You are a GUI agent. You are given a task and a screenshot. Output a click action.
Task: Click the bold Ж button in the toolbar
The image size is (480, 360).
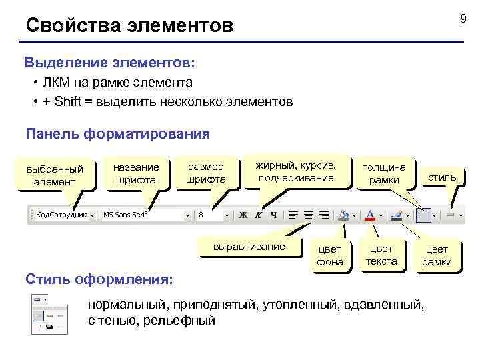tap(243, 215)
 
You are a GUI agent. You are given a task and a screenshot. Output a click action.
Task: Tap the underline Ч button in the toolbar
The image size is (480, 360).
tap(273, 215)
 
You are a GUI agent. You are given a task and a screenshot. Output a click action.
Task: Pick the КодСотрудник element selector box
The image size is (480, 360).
tap(61, 215)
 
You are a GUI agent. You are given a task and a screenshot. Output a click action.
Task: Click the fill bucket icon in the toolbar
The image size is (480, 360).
tap(343, 215)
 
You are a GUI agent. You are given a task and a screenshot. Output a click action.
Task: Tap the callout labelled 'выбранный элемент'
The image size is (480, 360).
tap(55, 175)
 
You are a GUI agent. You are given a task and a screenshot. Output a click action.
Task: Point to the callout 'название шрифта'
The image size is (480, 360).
tap(136, 173)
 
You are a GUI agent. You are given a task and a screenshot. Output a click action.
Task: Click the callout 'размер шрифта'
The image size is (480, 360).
tap(205, 173)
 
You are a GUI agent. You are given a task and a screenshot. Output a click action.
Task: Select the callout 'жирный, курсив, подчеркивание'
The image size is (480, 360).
tap(296, 171)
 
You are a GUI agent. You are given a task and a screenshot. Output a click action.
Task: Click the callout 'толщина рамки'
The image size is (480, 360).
tap(384, 173)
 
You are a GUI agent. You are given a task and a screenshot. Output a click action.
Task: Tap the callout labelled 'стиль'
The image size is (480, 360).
tap(442, 177)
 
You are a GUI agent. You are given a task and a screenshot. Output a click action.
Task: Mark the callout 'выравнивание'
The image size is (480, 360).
tap(248, 247)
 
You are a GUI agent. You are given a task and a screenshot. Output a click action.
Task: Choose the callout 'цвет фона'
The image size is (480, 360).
tap(330, 255)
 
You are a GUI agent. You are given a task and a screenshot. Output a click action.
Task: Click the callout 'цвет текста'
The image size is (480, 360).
tap(381, 255)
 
